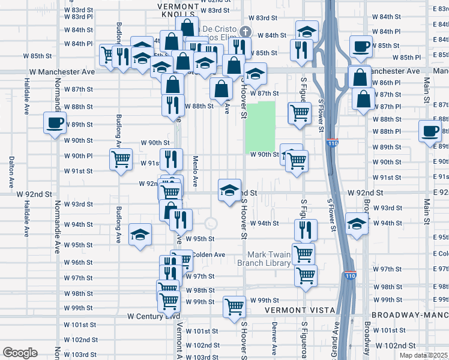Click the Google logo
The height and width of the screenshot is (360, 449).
pyautogui.click(x=20, y=353)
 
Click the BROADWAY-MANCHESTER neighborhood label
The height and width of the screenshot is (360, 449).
pyautogui.click(x=410, y=315)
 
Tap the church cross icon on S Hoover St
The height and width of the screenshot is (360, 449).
pyautogui.click(x=245, y=31)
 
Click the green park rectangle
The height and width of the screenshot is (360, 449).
pyautogui.click(x=260, y=126)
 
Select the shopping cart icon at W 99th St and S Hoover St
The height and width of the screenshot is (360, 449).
pyautogui.click(x=234, y=306)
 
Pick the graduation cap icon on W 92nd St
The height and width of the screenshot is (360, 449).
pyautogui.click(x=229, y=190)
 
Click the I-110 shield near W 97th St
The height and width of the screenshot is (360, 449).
pyautogui.click(x=351, y=276)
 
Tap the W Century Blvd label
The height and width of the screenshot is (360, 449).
pyautogui.click(x=154, y=315)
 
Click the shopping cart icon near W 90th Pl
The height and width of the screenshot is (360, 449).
pyautogui.click(x=121, y=159)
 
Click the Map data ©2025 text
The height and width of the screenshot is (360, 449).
pyautogui.click(x=423, y=355)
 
